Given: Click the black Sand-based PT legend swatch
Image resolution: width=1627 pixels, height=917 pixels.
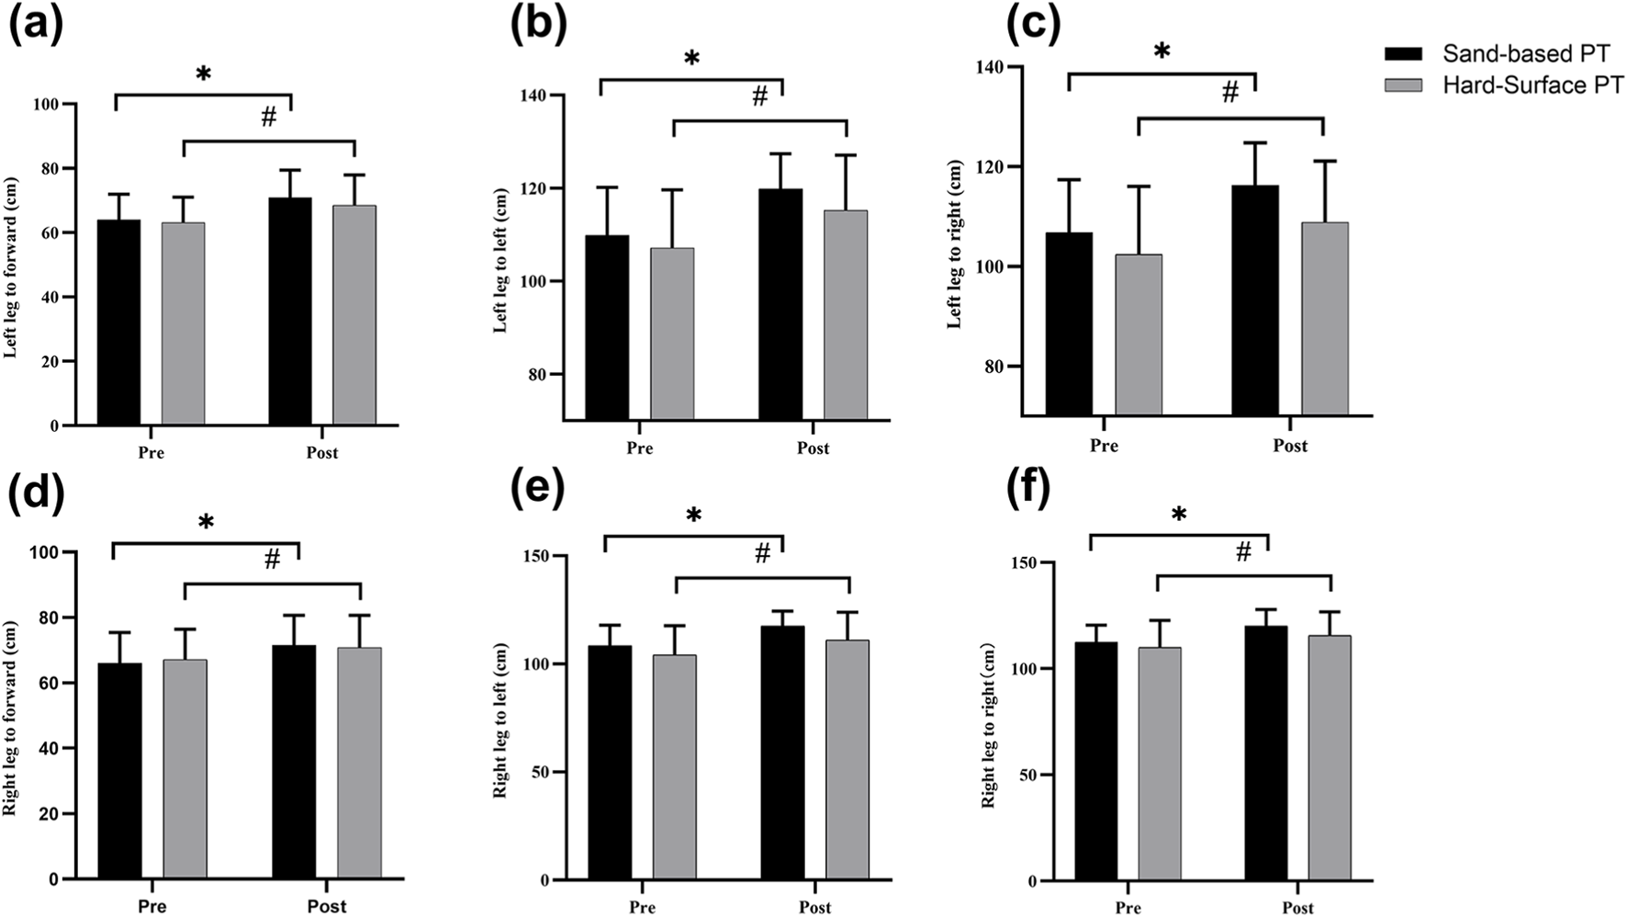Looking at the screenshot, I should [x=1402, y=52].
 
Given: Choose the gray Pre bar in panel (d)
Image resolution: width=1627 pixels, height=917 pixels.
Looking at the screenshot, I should [x=185, y=768].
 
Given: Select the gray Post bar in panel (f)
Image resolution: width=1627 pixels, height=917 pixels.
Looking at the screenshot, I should [x=1330, y=757].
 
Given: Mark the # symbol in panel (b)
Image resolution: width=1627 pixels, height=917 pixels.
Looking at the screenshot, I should [x=759, y=96].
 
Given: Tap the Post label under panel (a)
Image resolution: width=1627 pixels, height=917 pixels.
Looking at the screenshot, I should [x=321, y=452].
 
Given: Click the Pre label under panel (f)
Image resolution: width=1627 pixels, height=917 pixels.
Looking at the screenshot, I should [x=1128, y=908].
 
